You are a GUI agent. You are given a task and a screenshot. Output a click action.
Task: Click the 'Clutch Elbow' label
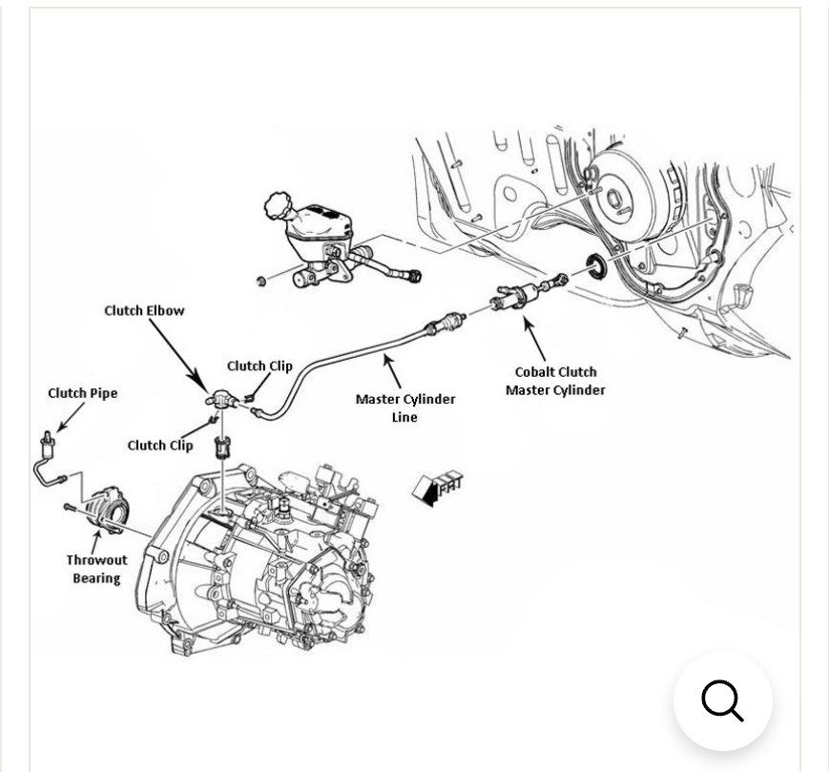(x=144, y=310)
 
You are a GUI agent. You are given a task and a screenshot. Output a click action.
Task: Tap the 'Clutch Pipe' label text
(x=82, y=393)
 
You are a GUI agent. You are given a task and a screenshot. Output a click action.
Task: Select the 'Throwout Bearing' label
(x=96, y=569)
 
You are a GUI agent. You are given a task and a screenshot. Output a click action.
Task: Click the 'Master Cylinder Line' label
(x=405, y=407)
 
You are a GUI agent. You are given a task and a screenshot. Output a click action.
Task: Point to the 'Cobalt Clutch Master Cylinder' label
(x=555, y=381)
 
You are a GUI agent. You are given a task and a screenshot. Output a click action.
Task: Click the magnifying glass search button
(x=723, y=701)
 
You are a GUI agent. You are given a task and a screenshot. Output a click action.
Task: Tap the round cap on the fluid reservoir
(x=278, y=205)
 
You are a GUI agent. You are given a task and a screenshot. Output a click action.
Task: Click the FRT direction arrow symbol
(x=437, y=489)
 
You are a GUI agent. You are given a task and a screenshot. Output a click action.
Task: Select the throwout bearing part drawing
(x=109, y=511)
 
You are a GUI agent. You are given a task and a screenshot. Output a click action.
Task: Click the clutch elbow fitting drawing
(x=220, y=398)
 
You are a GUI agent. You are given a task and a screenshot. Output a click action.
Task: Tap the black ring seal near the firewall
(x=597, y=267)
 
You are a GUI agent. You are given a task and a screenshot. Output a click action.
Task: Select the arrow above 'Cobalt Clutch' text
(x=534, y=339)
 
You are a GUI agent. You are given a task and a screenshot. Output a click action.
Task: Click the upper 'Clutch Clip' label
(x=259, y=365)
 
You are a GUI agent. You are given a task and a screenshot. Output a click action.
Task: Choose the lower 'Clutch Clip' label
(x=160, y=446)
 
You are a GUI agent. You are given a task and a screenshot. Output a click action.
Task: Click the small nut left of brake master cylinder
(x=260, y=281)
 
